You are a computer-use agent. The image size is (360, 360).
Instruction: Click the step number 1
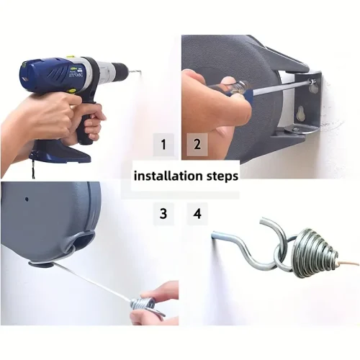[163, 145]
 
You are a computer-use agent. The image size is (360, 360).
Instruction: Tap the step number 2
[197, 144]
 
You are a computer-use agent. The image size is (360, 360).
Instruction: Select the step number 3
[163, 214]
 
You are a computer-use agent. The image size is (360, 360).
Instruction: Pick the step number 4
[197, 214]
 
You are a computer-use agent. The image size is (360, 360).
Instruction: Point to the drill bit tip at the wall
[141, 71]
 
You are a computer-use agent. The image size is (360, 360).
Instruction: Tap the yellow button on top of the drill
[70, 58]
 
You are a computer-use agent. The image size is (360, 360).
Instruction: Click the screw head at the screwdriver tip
[312, 81]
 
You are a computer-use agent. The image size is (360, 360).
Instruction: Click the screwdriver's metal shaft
[281, 87]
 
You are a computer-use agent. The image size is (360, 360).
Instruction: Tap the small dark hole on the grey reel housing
[27, 199]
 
